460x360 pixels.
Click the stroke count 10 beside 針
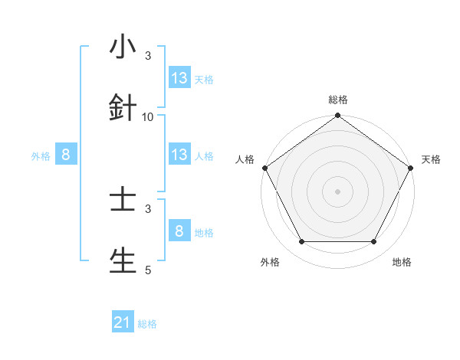coord(148,116)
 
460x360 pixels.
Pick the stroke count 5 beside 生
coord(148,270)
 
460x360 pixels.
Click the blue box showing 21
coord(123,323)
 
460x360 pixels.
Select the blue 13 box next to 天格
coord(179,78)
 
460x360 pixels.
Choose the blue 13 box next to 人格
coord(179,155)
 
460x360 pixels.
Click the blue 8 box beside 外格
coord(66,155)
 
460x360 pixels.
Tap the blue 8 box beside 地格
coord(179,231)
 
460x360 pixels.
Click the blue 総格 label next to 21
coord(147,324)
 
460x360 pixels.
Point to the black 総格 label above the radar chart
coord(337,100)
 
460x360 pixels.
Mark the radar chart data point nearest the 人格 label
coord(264,168)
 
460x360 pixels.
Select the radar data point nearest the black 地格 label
coord(374,242)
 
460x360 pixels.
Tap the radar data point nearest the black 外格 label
coord(301,242)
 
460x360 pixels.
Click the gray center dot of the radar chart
coord(337,191)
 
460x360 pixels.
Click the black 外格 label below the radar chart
coord(270,262)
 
